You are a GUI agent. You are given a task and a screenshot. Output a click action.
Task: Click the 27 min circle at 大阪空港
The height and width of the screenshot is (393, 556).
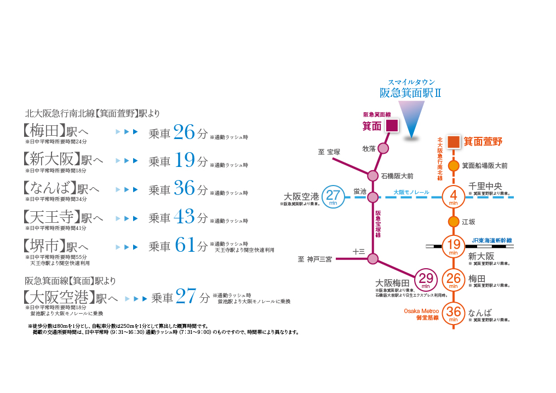pos(333,197)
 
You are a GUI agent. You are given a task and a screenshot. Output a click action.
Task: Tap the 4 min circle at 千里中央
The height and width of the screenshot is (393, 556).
pos(454,197)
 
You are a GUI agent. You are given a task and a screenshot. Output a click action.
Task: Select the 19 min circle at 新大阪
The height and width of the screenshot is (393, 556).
pos(454,246)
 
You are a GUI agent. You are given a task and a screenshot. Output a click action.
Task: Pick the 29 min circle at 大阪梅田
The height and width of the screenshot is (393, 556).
pos(426,280)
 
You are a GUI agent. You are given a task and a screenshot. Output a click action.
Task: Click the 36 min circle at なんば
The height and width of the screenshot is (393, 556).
pos(454,313)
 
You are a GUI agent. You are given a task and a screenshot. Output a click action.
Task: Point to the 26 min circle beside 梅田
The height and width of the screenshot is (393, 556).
pos(454,280)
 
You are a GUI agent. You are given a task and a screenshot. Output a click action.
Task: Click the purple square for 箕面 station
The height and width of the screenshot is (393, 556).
pos(392,126)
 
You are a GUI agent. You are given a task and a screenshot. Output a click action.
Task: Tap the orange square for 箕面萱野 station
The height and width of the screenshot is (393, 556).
pos(454,141)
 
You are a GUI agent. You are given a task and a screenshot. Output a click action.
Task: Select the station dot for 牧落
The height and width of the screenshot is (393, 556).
pos(383,148)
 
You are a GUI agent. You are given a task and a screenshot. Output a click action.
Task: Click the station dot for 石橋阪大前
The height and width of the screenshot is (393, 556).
pos(373,176)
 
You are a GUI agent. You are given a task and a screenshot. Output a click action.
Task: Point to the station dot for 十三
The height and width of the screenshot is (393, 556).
pos(373,258)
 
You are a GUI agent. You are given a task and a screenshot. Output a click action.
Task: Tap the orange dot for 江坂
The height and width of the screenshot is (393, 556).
pos(454,222)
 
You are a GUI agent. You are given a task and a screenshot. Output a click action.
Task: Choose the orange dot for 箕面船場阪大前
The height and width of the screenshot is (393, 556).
pos(454,165)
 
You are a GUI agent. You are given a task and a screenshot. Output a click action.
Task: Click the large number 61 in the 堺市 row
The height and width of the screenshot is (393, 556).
pos(185,246)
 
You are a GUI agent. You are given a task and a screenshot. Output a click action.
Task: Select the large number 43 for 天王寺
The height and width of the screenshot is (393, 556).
pos(184,217)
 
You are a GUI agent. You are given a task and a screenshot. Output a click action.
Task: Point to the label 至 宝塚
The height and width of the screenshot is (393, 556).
pos(329,151)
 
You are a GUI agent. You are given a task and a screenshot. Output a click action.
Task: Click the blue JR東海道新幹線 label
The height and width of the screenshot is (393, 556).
pos(491,240)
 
